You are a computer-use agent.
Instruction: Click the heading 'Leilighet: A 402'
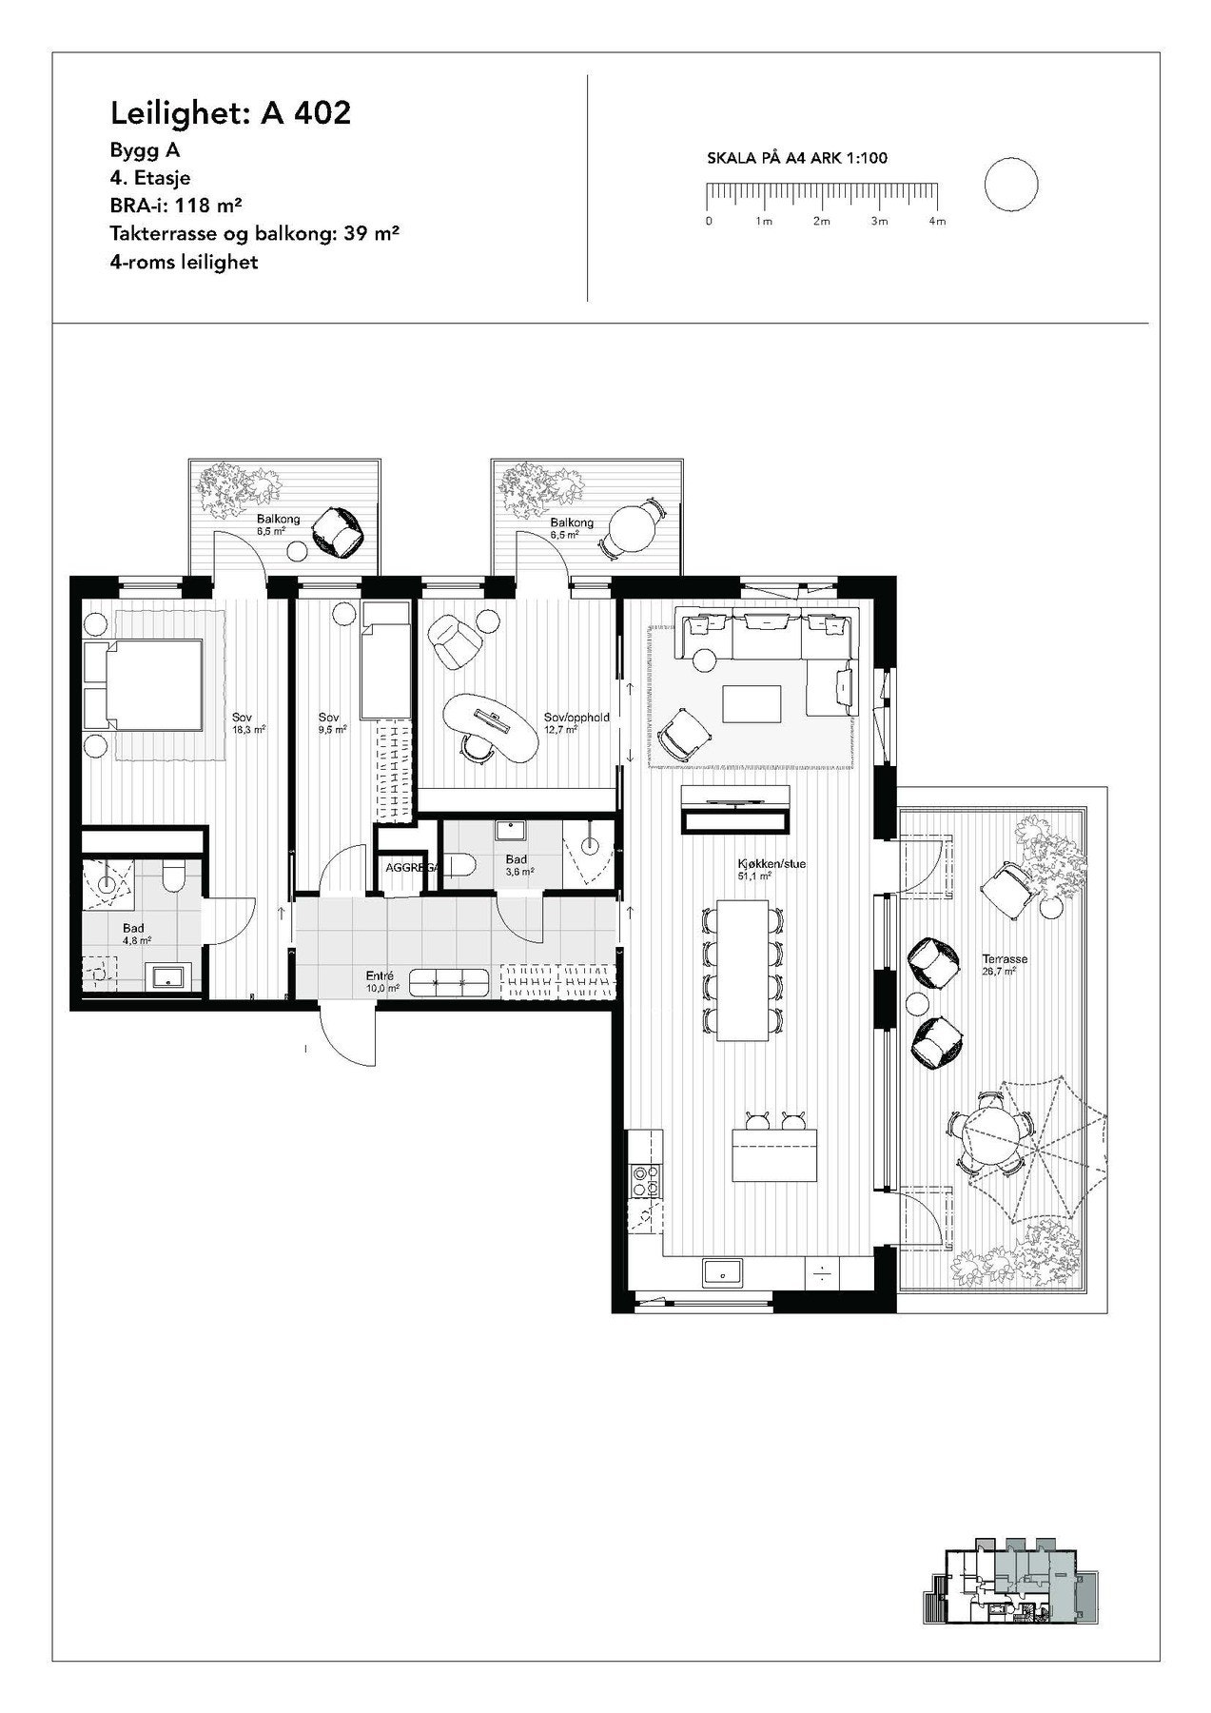tap(231, 113)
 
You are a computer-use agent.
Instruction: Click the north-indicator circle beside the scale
tap(1011, 185)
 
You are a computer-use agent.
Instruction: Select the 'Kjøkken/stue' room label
tap(757, 865)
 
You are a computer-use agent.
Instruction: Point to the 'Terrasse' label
tap(1006, 959)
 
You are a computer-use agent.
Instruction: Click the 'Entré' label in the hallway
tap(381, 975)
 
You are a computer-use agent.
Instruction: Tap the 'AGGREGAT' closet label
tap(410, 868)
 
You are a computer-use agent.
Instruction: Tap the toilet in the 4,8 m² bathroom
tap(173, 876)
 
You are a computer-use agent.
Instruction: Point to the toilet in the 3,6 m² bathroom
tap(462, 865)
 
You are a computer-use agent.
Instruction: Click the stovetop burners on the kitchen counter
tap(647, 1179)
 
